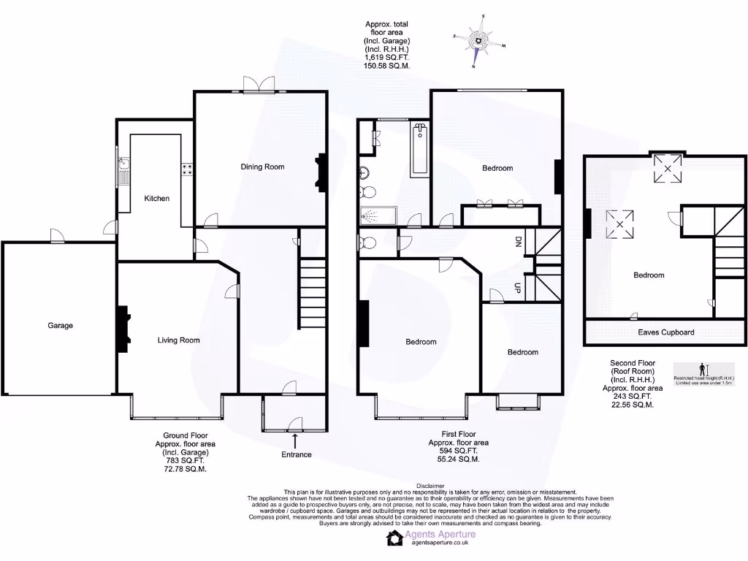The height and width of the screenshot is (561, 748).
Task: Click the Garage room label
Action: (x=60, y=326)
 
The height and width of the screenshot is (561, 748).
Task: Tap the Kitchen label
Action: (x=156, y=199)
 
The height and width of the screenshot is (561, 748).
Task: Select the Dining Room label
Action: (x=262, y=167)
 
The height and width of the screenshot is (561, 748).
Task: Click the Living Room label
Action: (x=178, y=340)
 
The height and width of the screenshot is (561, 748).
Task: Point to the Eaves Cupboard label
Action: (x=665, y=332)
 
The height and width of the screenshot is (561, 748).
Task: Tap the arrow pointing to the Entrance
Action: (x=295, y=440)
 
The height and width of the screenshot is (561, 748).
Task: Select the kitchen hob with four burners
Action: (x=187, y=170)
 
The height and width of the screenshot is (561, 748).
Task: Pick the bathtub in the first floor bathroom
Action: (x=420, y=150)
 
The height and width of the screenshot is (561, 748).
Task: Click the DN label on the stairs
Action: (x=519, y=242)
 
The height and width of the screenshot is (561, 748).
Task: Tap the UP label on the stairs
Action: (x=519, y=287)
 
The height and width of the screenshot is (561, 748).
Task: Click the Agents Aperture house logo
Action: (x=394, y=538)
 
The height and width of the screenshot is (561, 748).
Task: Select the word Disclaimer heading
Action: (x=430, y=486)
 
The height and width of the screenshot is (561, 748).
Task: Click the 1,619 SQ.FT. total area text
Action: (x=387, y=57)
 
